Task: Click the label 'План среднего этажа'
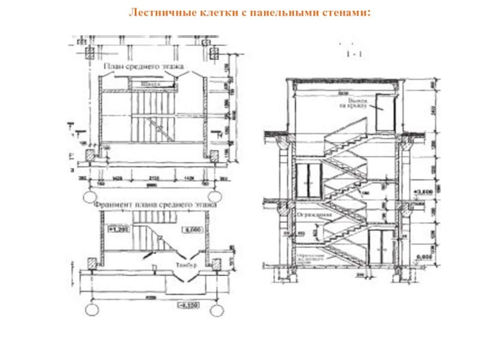point(142,67)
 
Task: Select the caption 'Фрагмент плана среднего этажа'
point(155,205)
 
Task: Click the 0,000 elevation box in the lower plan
point(193,229)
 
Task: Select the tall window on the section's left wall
point(308,180)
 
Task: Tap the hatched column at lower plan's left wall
point(92,263)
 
